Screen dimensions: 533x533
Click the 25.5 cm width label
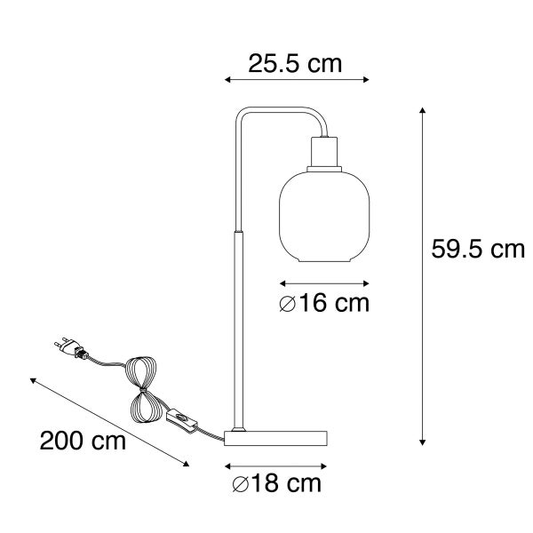coord(296,63)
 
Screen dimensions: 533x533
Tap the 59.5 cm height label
coord(478,250)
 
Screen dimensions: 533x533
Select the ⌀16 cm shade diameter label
coord(322,304)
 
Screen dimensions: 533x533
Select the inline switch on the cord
coord(180,419)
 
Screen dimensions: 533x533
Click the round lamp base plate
coord(276,438)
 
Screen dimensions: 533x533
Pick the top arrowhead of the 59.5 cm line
coord(423,110)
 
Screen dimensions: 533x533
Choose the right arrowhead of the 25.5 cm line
coord(367,80)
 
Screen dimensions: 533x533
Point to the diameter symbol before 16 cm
coord(286,304)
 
